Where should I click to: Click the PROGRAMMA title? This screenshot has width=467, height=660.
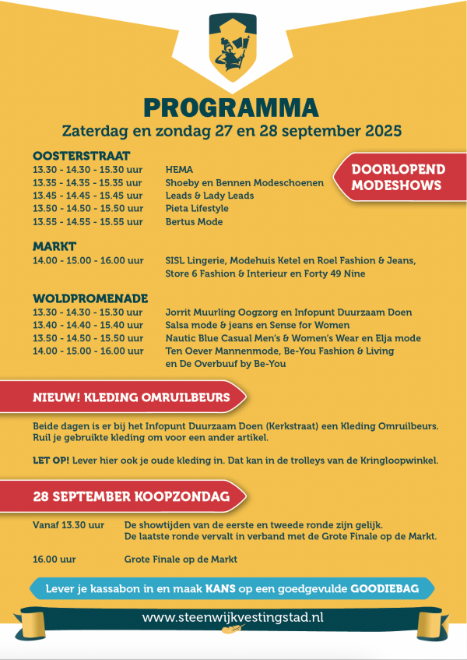[x=231, y=107]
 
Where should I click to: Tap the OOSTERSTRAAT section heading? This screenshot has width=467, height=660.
[x=81, y=155]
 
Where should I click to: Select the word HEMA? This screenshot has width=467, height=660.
[x=179, y=169]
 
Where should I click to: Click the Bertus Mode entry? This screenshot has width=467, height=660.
[x=194, y=222]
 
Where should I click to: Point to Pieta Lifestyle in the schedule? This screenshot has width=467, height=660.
[x=197, y=209]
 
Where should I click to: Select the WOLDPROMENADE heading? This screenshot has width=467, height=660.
[x=90, y=298]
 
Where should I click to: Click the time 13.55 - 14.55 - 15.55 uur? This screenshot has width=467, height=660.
[x=88, y=222]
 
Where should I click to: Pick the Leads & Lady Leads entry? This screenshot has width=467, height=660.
[x=209, y=196]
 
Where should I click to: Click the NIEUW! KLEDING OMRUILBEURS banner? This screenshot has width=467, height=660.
[x=132, y=398]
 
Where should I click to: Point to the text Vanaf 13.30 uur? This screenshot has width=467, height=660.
[x=68, y=524]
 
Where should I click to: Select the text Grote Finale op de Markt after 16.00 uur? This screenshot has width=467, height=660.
[x=181, y=559]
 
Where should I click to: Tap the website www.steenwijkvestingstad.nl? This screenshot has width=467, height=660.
[x=233, y=618]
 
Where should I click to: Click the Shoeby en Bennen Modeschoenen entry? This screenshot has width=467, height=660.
[x=233, y=182]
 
